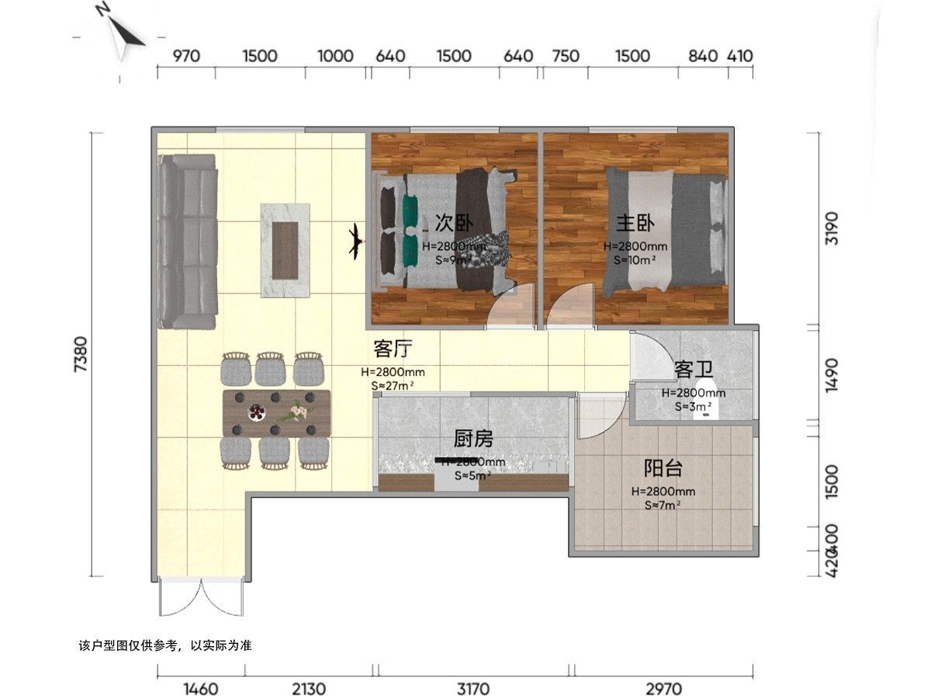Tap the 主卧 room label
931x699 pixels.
pos(635,224)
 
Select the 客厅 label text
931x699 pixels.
pos(392,349)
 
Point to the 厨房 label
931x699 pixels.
pos(473,440)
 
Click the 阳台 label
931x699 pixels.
pos(663,468)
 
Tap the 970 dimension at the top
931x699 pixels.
pos(185,56)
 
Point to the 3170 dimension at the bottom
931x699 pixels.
pos(473,689)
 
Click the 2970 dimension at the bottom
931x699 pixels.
pos(663,689)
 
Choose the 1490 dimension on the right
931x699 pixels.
pos(832,375)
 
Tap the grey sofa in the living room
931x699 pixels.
pos(187,241)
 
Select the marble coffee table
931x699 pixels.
pos(286,250)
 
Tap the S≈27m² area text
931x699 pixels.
pos(392,384)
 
